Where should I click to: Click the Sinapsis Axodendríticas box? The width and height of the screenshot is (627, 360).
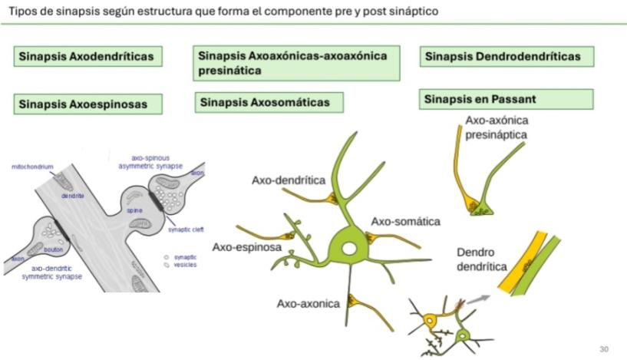tap(93, 57)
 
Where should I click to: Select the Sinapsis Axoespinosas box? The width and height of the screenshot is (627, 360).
tap(93, 103)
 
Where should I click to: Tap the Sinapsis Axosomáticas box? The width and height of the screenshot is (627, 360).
tap(268, 102)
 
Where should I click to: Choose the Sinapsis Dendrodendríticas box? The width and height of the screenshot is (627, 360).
tap(507, 56)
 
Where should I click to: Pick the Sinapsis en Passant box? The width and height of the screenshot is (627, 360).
tap(507, 99)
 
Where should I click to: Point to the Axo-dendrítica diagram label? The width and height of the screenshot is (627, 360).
tap(289, 180)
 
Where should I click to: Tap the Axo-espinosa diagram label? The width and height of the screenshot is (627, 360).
tap(246, 247)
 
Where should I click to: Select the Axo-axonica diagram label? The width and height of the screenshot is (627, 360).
tap(308, 303)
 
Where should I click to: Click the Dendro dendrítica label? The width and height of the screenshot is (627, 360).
tap(481, 259)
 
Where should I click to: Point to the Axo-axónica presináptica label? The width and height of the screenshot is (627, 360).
tap(497, 127)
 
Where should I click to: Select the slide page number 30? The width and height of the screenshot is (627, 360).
tap(604, 349)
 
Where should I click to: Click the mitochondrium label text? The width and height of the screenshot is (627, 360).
tap(32, 166)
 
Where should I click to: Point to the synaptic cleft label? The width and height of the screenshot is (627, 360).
tap(184, 229)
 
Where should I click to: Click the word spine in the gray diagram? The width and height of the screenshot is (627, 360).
tap(135, 209)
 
